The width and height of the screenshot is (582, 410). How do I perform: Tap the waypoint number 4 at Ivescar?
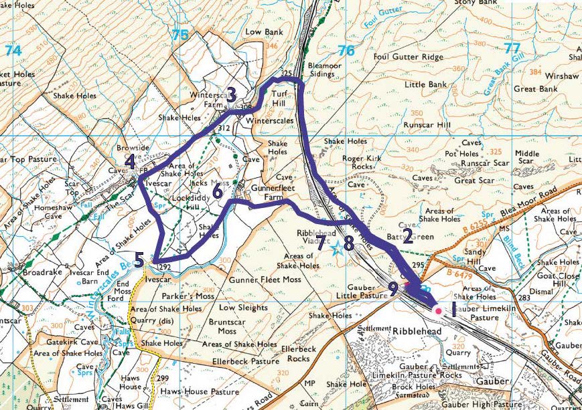click(x=130, y=162)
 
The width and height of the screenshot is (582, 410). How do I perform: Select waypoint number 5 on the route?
click(x=138, y=260)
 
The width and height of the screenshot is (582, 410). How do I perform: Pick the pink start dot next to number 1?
click(x=438, y=311)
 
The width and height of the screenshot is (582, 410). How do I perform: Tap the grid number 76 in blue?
click(x=346, y=50)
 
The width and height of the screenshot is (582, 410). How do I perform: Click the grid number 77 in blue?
click(x=512, y=48)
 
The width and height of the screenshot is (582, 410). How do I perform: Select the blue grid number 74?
click(x=13, y=50)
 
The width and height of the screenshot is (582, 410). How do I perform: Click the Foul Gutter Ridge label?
click(x=409, y=58)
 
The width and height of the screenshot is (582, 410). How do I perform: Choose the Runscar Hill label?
click(x=424, y=124)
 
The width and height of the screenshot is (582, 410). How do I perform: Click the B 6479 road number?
click(x=460, y=273)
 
